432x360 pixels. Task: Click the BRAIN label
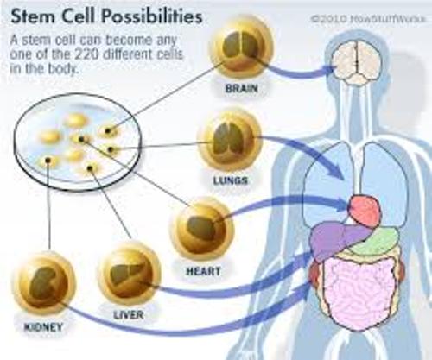coord(241,88)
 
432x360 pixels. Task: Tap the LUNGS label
coord(231,180)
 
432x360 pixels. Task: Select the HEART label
coord(203,271)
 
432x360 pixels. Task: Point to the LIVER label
coord(129,314)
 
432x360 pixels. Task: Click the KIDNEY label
coord(43,327)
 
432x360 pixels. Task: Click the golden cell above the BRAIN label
coord(241,48)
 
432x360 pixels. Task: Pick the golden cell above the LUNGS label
coord(229,140)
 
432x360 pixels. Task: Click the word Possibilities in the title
coord(152,16)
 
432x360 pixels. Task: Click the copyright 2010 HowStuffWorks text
coord(368,19)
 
